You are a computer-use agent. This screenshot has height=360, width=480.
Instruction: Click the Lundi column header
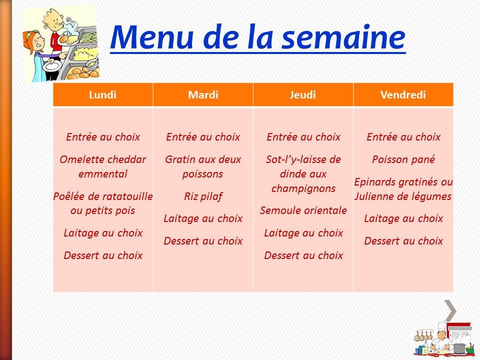pos(102,95)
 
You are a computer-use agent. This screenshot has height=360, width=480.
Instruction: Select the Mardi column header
pos(203,95)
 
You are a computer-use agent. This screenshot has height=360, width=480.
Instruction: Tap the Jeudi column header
pos(303,95)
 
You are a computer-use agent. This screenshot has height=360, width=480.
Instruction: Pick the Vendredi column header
pos(403,95)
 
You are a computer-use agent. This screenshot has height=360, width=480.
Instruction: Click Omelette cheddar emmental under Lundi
pos(102,167)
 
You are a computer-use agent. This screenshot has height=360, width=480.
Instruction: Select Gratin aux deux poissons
pos(203,167)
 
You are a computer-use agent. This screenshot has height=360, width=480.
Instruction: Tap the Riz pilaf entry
pos(203,196)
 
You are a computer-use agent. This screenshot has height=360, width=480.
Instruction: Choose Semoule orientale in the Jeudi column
pos(303,210)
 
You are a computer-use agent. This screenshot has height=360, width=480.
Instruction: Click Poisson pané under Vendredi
pos(403,160)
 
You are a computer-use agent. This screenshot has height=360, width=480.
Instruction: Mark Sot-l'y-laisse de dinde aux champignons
pos(303,174)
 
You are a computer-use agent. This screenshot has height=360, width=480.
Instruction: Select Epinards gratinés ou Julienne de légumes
pos(403,189)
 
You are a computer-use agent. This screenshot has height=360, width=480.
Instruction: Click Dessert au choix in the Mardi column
pos(203,241)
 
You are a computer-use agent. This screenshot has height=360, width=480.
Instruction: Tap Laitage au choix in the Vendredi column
pos(403,218)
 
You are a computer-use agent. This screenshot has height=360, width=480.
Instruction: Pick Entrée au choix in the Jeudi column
pos(303,137)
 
